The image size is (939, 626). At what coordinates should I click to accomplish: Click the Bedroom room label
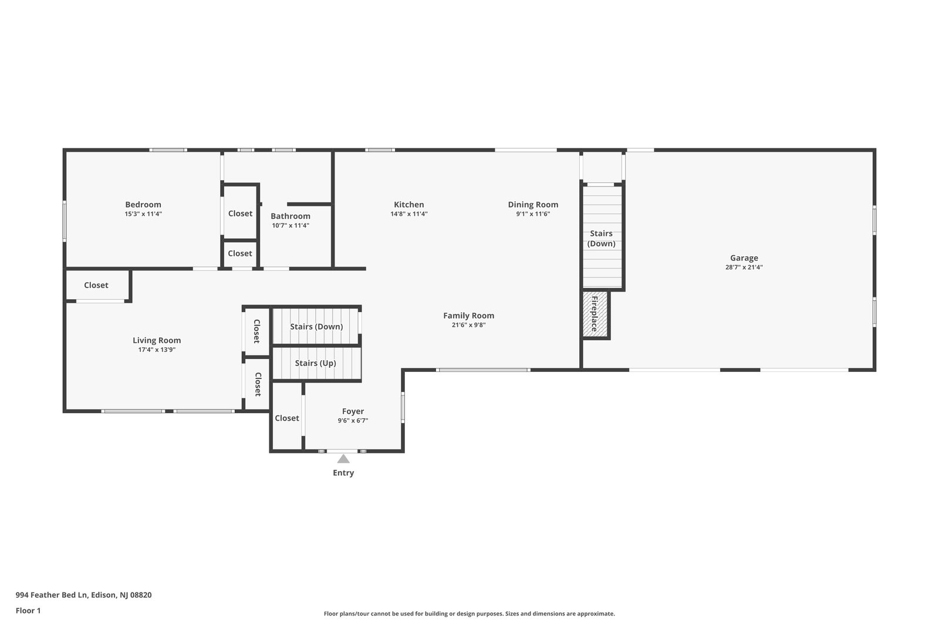click(x=143, y=205)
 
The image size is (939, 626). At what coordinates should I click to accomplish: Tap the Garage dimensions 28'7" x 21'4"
click(x=744, y=268)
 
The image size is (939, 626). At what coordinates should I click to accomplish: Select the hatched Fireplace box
click(x=595, y=314)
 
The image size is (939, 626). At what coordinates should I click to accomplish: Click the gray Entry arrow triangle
click(x=343, y=459)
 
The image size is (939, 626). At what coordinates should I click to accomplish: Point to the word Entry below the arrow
click(x=343, y=473)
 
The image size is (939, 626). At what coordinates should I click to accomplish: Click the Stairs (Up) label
click(x=316, y=363)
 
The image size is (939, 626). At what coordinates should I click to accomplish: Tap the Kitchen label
click(x=408, y=205)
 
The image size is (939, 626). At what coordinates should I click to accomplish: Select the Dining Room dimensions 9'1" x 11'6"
click(x=533, y=214)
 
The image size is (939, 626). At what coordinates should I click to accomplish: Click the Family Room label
click(x=469, y=316)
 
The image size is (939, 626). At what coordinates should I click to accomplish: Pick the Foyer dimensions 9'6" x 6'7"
click(x=353, y=421)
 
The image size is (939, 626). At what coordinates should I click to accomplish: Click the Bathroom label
click(x=291, y=216)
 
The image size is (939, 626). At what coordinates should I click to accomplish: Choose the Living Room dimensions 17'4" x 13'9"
click(x=157, y=350)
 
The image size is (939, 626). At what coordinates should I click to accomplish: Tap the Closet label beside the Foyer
click(x=287, y=418)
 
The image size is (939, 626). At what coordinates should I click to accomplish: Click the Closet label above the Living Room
click(x=96, y=285)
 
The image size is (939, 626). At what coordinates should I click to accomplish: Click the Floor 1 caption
click(x=28, y=611)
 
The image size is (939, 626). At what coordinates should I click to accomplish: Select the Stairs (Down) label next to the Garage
click(x=601, y=238)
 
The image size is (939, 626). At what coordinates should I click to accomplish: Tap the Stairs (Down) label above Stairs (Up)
click(x=316, y=326)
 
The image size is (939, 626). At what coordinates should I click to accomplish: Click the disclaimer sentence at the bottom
click(x=469, y=614)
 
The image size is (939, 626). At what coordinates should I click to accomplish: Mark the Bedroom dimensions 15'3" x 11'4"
click(x=143, y=214)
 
